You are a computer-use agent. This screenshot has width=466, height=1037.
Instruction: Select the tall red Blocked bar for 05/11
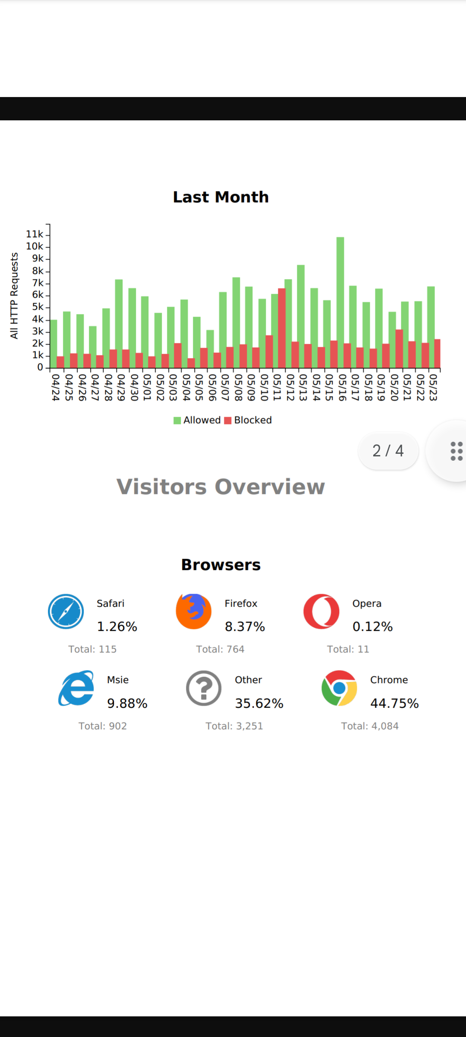[x=282, y=328]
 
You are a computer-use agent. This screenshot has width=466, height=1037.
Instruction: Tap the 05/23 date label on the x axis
[x=433, y=387]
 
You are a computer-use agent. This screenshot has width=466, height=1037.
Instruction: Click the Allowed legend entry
[x=197, y=420]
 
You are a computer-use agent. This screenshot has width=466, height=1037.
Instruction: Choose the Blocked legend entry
[x=248, y=420]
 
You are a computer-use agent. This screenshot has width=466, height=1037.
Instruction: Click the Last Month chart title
[x=221, y=197]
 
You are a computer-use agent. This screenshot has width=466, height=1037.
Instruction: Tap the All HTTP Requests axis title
[x=14, y=296]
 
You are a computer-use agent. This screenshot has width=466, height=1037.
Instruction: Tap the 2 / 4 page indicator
[x=388, y=451]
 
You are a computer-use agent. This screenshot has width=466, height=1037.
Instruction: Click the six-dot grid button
[x=456, y=451]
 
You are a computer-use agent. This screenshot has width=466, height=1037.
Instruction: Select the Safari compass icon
[x=66, y=611]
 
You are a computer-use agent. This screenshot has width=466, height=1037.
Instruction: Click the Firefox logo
[x=194, y=611]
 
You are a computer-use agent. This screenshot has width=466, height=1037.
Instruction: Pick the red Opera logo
[x=321, y=611]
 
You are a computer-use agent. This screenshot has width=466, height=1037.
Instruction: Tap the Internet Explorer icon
[x=76, y=688]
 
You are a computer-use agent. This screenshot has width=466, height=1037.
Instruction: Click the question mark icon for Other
[x=204, y=688]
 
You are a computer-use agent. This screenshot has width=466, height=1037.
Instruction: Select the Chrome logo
[x=340, y=688]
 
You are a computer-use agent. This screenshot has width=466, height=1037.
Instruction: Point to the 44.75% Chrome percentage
[x=394, y=704]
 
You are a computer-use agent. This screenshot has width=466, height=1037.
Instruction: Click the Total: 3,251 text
[x=234, y=726]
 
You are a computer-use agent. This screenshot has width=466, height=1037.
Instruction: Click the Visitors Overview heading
[x=220, y=487]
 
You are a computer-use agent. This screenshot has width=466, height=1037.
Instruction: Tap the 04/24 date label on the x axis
[x=55, y=387]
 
